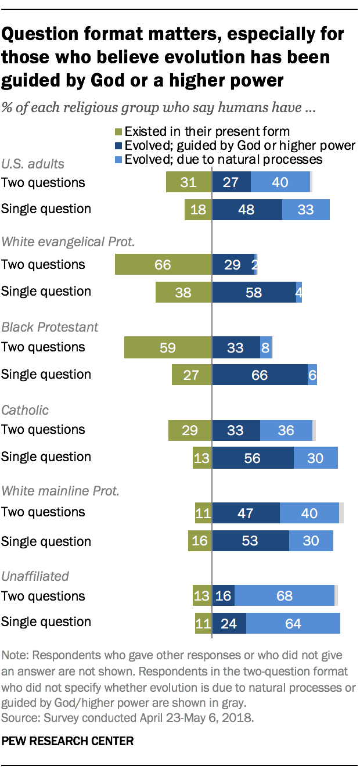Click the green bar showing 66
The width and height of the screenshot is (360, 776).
click(164, 264)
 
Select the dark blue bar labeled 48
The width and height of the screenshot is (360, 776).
click(247, 209)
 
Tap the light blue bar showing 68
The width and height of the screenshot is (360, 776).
click(285, 596)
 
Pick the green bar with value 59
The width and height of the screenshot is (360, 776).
click(168, 347)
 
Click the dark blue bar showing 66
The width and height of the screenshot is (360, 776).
click(260, 374)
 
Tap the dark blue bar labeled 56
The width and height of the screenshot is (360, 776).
click(253, 457)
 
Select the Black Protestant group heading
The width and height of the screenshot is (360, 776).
click(50, 327)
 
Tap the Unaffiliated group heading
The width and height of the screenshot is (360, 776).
click(35, 576)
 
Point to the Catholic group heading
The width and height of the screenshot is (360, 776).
click(25, 410)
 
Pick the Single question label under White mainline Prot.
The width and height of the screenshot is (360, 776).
click(46, 541)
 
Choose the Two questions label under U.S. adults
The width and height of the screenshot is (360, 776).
click(43, 182)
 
